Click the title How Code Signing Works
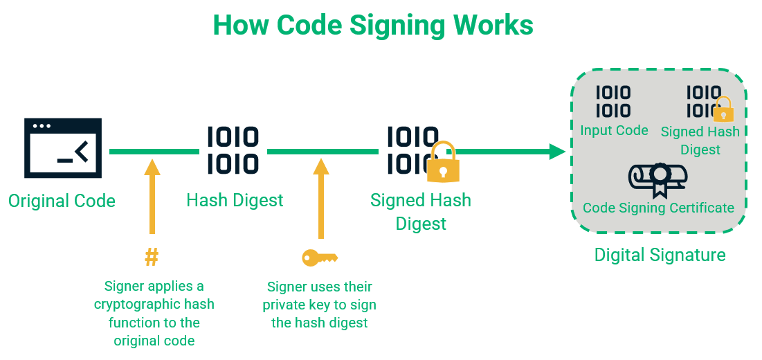point(373,26)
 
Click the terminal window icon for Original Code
point(62,148)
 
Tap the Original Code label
point(62,201)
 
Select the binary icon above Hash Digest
point(233,150)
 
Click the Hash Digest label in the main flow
point(235,201)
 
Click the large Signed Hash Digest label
point(420,212)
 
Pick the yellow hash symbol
point(152,258)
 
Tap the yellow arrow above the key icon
point(320,198)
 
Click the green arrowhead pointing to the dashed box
point(558,151)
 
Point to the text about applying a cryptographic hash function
point(154,313)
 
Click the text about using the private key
point(320,305)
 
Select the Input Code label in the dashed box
point(614,130)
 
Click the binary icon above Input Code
point(613,102)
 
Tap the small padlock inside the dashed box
point(723,110)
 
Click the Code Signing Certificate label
point(658,208)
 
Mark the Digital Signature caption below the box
point(660,255)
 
